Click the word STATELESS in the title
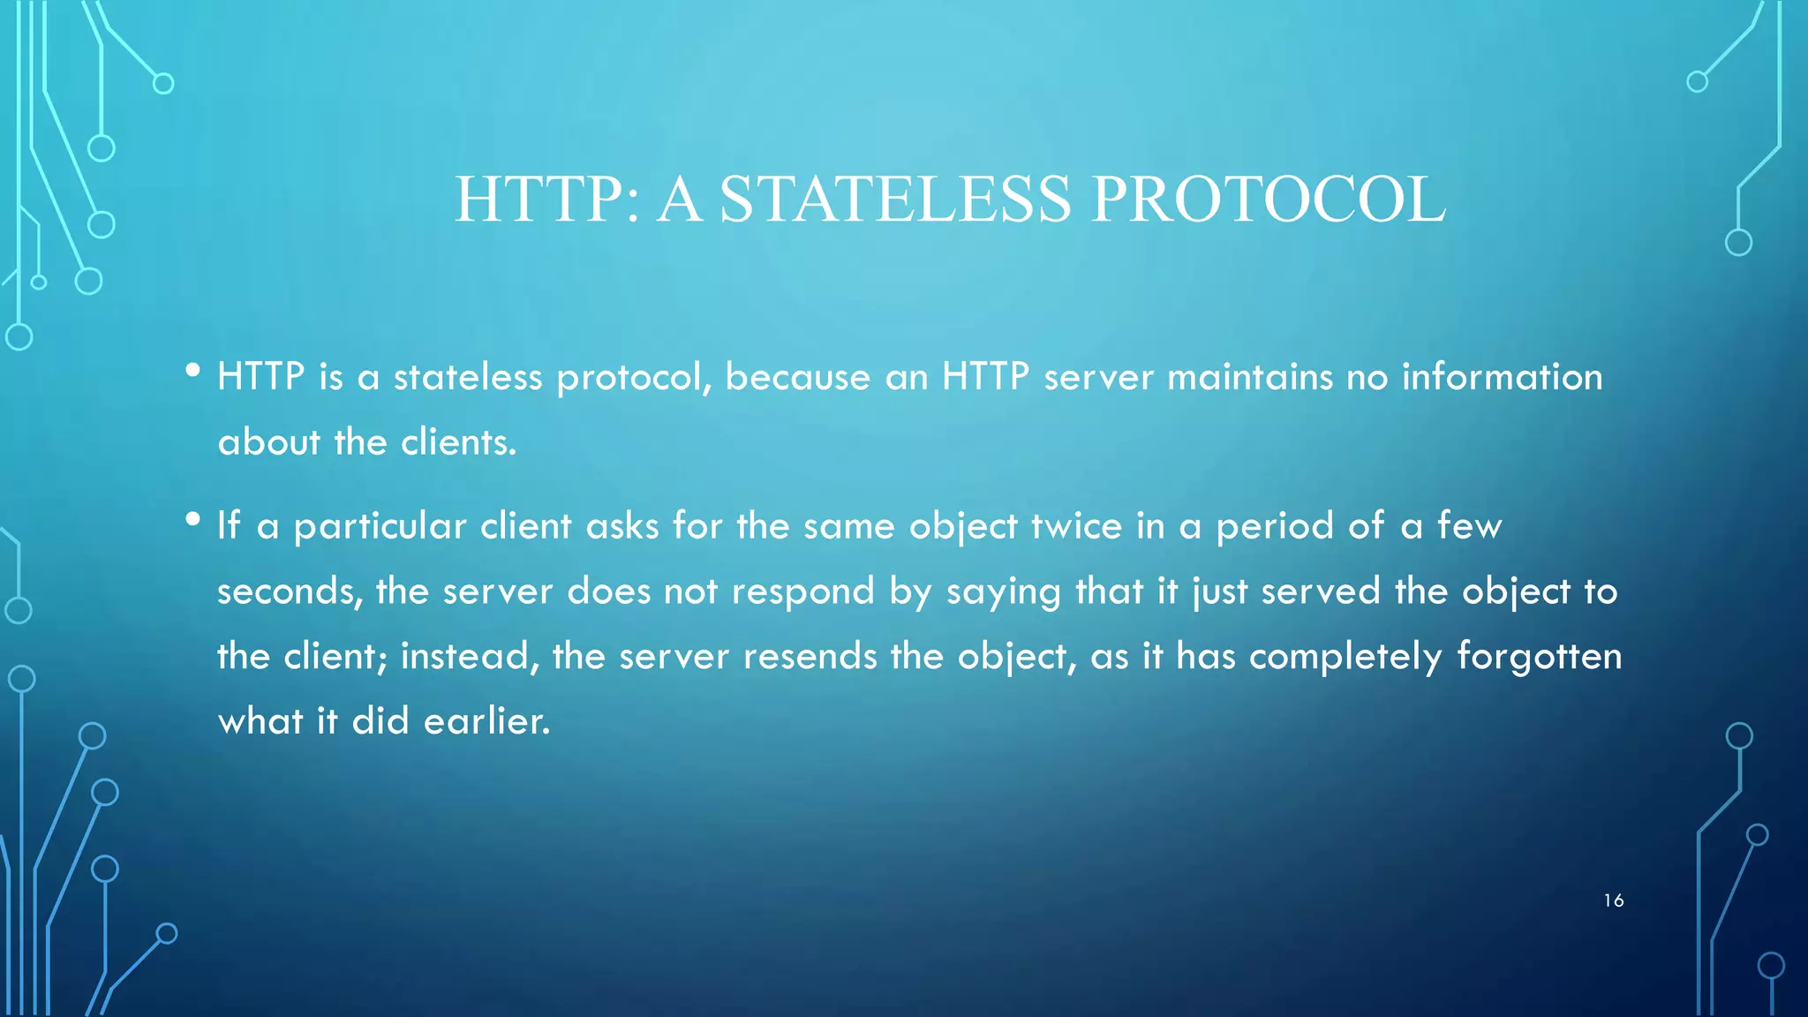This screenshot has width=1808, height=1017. [x=895, y=200]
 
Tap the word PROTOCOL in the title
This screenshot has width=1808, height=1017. [x=1268, y=200]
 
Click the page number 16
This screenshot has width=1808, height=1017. [x=1613, y=900]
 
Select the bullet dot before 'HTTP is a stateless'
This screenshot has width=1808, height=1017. [x=193, y=371]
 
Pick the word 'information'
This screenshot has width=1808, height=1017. [x=1502, y=377]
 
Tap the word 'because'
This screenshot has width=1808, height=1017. [x=797, y=377]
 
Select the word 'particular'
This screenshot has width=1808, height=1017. [x=380, y=527]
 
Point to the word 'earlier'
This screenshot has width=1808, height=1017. [x=486, y=722]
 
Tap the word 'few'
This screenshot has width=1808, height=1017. [x=1469, y=526]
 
